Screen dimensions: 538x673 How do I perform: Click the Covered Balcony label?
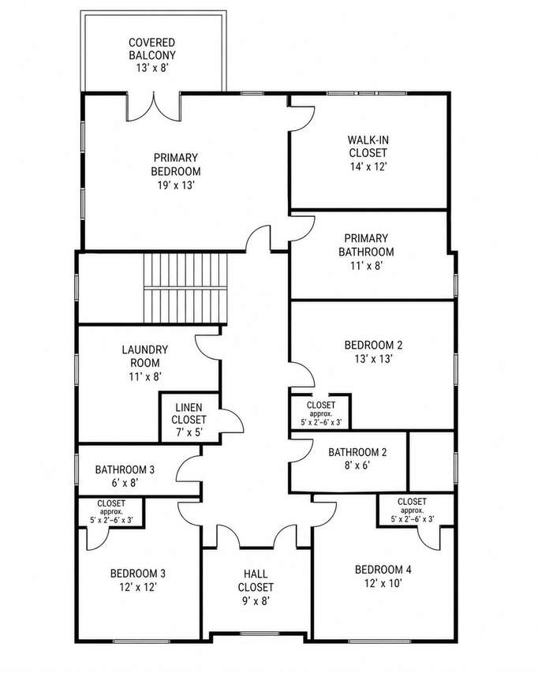click(x=152, y=49)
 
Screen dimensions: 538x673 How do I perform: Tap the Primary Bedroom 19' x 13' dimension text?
click(x=176, y=185)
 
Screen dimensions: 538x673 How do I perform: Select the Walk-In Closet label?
click(x=368, y=147)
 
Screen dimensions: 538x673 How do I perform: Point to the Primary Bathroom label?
click(x=366, y=245)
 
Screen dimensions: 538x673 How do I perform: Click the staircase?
click(x=185, y=287)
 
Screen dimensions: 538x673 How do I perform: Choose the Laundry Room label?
click(x=145, y=357)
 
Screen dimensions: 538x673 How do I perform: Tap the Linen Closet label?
click(x=189, y=413)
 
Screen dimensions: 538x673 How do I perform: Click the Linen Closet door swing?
click(x=232, y=420)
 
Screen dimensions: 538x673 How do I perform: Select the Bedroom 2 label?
click(x=374, y=345)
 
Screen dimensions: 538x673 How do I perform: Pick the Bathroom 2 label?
click(x=357, y=452)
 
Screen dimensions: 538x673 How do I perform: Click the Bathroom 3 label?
click(x=125, y=470)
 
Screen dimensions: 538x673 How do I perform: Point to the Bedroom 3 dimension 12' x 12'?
click(x=137, y=587)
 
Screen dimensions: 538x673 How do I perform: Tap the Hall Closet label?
click(x=256, y=580)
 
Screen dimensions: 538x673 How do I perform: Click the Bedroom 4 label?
click(x=383, y=570)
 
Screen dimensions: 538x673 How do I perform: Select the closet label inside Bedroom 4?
click(x=412, y=501)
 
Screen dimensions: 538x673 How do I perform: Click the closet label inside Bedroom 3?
click(x=111, y=503)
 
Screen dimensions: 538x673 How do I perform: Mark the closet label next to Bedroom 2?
click(x=321, y=405)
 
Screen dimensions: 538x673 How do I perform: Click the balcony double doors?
click(x=153, y=107)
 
